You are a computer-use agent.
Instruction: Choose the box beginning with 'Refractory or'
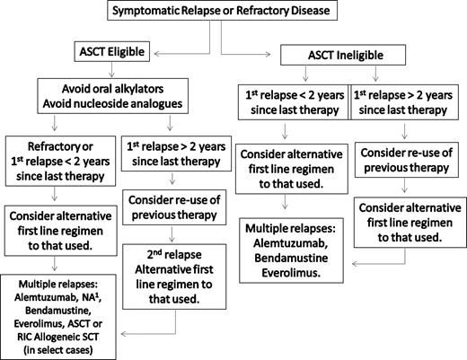pos(57,159)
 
